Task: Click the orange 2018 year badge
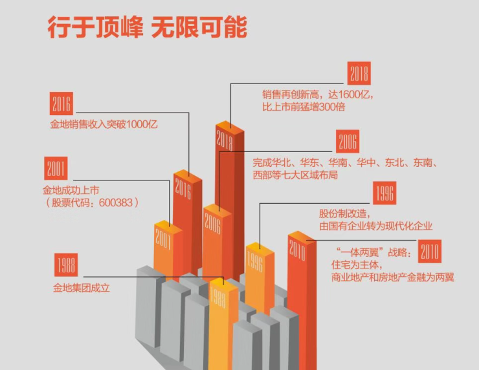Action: tap(359, 73)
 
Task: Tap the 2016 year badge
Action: tap(61, 103)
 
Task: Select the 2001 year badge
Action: tap(56, 168)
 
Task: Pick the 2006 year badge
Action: tap(348, 142)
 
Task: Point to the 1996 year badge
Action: tap(384, 193)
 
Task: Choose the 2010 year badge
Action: tap(430, 251)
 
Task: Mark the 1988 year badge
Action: tap(66, 265)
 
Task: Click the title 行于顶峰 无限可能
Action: tap(147, 27)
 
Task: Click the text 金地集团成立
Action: tap(82, 288)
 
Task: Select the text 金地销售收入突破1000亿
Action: tap(104, 124)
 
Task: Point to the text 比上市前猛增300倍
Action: tap(304, 107)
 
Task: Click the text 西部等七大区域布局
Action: tap(295, 175)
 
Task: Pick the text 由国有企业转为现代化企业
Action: tap(375, 226)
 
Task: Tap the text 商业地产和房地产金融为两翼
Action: tap(392, 277)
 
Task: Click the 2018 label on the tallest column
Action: tap(225, 140)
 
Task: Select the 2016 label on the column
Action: tap(183, 188)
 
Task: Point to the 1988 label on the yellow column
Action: tap(218, 297)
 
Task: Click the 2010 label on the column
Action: tap(297, 250)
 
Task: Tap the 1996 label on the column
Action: tap(255, 261)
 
